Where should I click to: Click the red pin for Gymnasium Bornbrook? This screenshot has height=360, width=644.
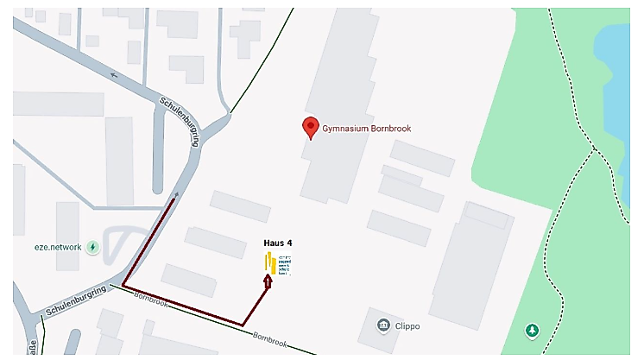[310, 128]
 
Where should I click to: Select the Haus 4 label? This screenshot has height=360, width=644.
[278, 243]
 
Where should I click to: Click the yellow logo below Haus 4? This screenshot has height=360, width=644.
[270, 262]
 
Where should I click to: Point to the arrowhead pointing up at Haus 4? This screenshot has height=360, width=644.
[268, 280]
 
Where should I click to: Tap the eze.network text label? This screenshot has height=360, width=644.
[59, 247]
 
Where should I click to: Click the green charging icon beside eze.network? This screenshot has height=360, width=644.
[93, 247]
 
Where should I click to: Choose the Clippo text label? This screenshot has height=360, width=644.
[413, 326]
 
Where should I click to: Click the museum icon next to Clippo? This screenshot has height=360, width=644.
[385, 326]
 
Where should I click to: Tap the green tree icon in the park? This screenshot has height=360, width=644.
[533, 330]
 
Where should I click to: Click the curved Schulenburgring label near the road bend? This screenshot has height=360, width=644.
[180, 121]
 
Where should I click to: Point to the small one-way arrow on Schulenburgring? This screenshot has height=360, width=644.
[116, 74]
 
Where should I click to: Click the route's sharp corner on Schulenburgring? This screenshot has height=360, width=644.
[123, 284]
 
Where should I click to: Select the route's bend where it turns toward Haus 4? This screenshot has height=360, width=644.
[243, 325]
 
